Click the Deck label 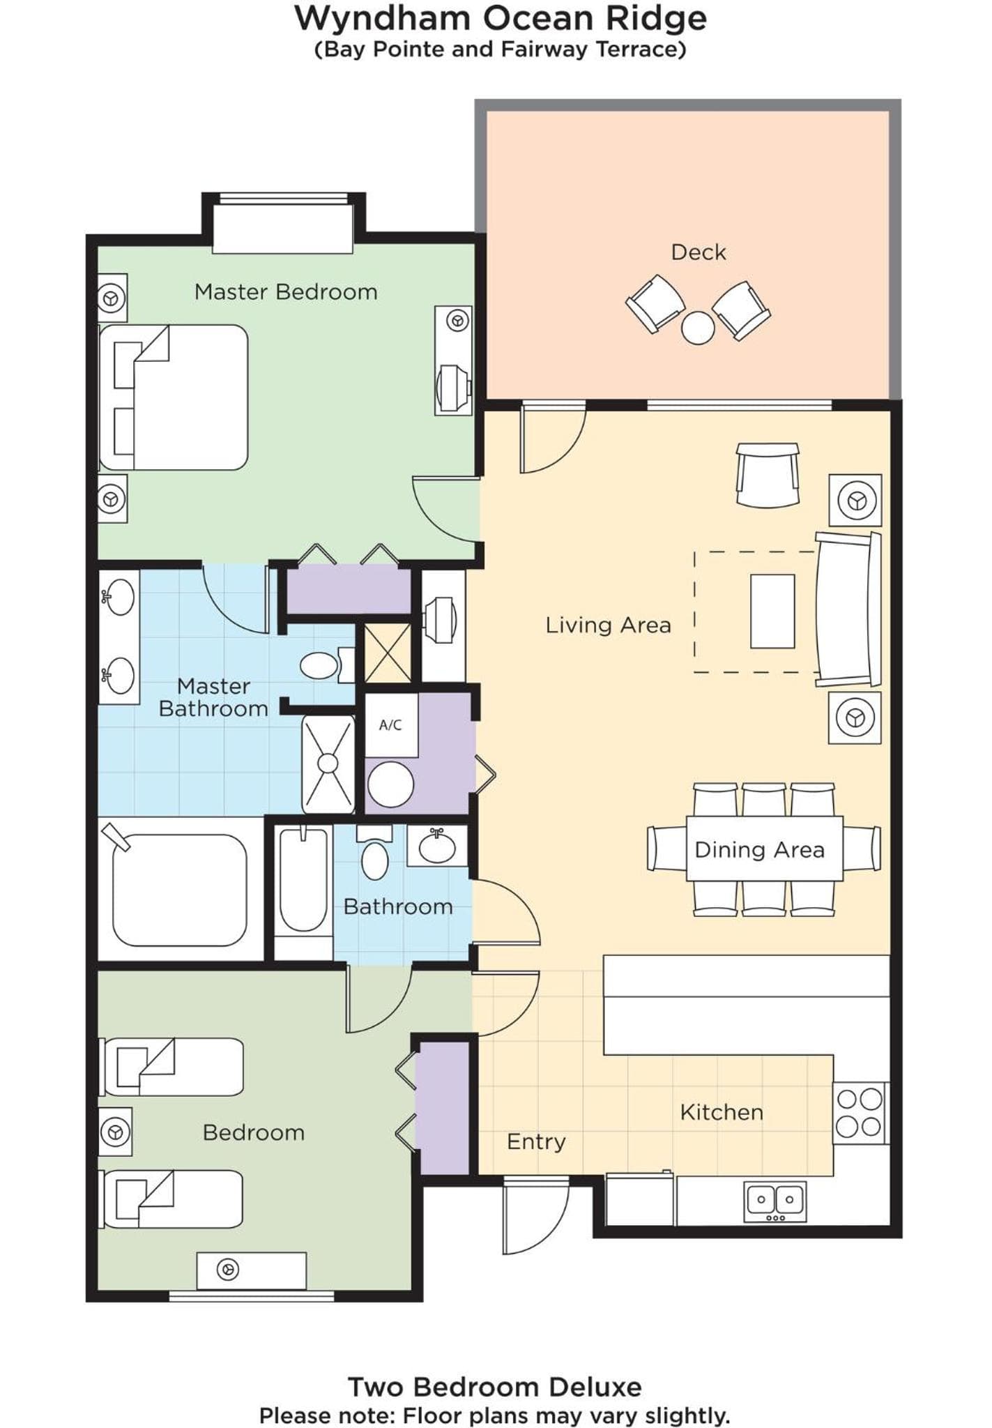pos(698,252)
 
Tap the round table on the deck pos(698,327)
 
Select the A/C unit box pos(391,725)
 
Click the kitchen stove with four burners pos(860,1113)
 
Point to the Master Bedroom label pos(286,291)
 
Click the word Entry pos(536,1141)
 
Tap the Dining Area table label pos(760,849)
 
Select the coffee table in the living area pos(772,611)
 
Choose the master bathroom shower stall pos(328,764)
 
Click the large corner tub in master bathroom pos(180,890)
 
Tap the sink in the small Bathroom pos(437,846)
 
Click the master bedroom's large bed pos(174,397)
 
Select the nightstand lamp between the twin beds pos(115,1131)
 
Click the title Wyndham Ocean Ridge pos(501,19)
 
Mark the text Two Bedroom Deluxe pos(495,1387)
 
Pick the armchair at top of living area pos(768,475)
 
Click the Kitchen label pos(722,1112)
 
